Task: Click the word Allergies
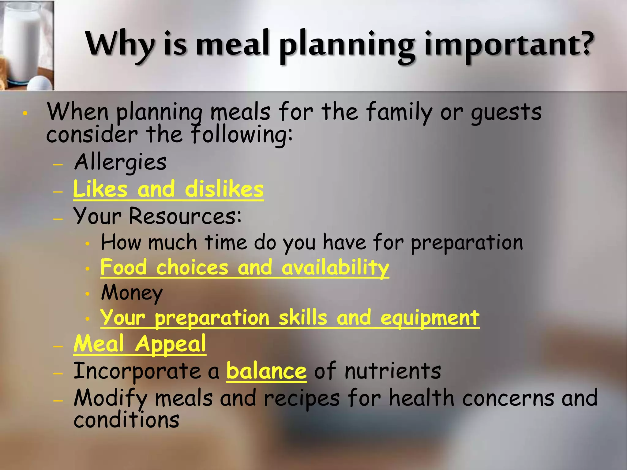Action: click(120, 162)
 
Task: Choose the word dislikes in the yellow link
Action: click(224, 189)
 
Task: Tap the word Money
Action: click(132, 293)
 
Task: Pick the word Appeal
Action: click(171, 344)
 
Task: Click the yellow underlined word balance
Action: click(266, 371)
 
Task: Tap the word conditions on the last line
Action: click(126, 420)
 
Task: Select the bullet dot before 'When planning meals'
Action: click(25, 114)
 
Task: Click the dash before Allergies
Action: click(58, 165)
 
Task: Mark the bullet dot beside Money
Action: click(88, 294)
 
